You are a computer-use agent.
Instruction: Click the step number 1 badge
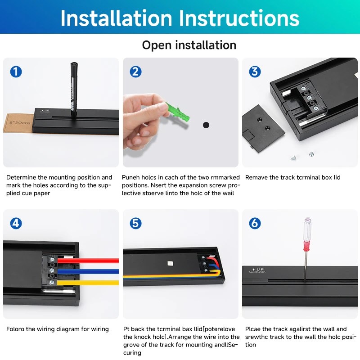point(16,72)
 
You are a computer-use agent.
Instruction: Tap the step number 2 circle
point(135,72)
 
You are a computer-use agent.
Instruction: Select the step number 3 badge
point(255,72)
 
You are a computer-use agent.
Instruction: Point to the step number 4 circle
point(16,223)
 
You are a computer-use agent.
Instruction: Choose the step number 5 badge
point(135,223)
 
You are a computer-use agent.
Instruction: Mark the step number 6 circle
point(255,223)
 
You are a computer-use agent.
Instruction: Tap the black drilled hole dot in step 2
point(206,125)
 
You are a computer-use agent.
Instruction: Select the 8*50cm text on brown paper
point(19,122)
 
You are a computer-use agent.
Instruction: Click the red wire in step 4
point(88,261)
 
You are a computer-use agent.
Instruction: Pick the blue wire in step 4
point(88,272)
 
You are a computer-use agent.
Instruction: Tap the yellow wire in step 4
point(88,283)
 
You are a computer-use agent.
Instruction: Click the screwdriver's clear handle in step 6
point(307,229)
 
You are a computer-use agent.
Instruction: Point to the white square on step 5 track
point(170,263)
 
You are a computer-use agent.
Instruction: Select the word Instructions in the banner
point(239,18)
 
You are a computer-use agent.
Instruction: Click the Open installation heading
point(189,45)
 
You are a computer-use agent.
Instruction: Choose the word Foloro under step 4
point(15,329)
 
